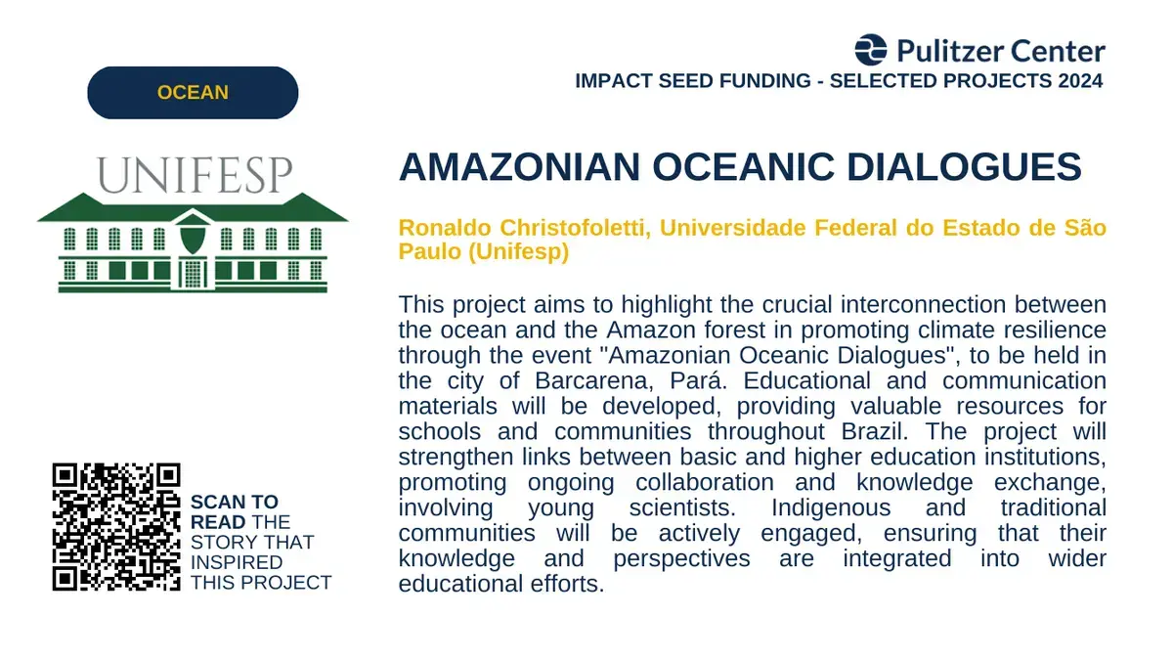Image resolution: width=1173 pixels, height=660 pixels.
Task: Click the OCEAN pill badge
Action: pos(193,93)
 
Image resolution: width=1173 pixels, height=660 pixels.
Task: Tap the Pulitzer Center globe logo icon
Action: pos(871,50)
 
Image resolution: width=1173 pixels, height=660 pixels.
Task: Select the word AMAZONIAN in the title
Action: pos(519,167)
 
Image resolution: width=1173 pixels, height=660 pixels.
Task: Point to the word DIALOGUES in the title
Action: pos(964,167)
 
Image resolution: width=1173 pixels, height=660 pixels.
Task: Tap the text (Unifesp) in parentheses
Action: pos(518,251)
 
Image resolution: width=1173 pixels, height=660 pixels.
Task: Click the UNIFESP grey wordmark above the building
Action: pos(195,175)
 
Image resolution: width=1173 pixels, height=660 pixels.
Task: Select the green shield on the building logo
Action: pos(193,239)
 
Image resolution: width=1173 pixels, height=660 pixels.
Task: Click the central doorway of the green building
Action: pos(193,273)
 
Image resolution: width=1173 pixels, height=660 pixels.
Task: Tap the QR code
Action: pos(116,527)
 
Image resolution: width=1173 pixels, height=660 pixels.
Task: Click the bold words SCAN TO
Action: pos(234,502)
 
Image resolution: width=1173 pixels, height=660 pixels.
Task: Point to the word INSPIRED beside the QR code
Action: pos(237,562)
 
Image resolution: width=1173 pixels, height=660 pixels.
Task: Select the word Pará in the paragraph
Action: pos(699,380)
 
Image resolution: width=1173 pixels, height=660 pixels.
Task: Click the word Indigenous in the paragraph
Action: pos(831,507)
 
